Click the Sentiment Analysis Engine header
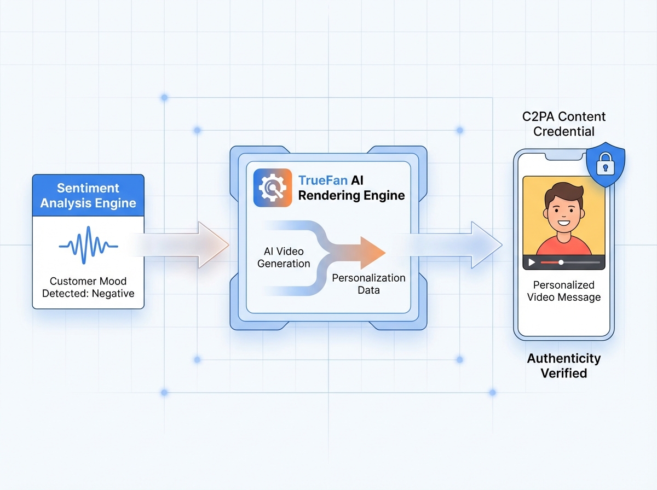click(88, 196)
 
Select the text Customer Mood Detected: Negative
click(88, 287)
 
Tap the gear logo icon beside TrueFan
click(272, 188)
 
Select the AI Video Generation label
click(284, 257)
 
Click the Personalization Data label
click(368, 284)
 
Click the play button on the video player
click(531, 262)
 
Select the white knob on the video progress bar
click(561, 262)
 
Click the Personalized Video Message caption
click(563, 291)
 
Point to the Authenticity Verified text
click(563, 366)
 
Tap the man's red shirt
click(563, 244)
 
